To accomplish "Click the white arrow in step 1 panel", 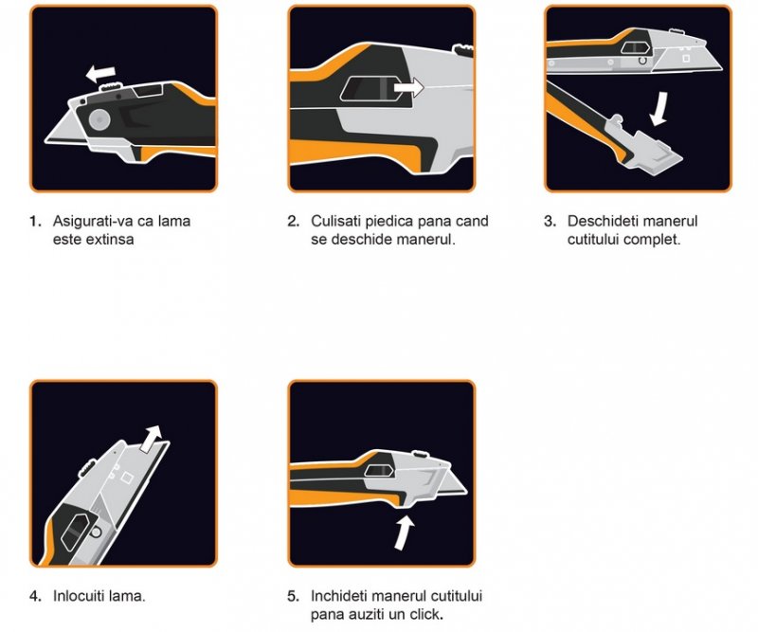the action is [x=100, y=74].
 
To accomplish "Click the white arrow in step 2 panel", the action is [x=408, y=88].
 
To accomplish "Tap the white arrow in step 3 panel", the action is [x=659, y=109].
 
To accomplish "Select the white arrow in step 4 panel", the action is [x=152, y=439].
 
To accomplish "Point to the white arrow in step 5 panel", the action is [x=405, y=533].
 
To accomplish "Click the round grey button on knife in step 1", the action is [x=99, y=119].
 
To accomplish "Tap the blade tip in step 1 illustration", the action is [x=45, y=141].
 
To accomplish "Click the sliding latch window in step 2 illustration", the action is [x=372, y=88].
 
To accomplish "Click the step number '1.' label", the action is [x=35, y=222].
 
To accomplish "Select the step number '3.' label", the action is [x=550, y=222].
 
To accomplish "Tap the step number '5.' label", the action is [x=293, y=596].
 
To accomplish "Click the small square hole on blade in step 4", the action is [x=127, y=478].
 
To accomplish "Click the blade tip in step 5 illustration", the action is [x=466, y=492].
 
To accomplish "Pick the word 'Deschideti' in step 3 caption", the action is [x=599, y=222].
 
